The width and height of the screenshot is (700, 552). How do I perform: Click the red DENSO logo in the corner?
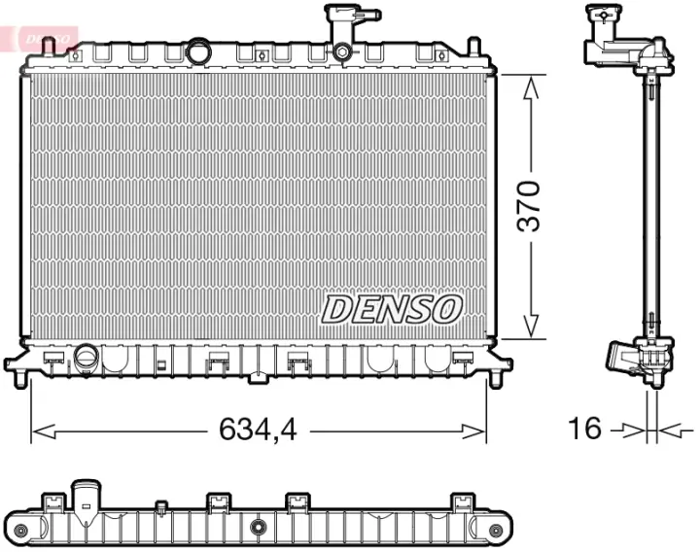(39, 36)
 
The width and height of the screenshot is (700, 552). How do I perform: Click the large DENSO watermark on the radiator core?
(390, 309)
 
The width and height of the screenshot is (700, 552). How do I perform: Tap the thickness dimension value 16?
(584, 429)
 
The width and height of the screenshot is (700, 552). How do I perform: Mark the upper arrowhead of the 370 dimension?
(531, 86)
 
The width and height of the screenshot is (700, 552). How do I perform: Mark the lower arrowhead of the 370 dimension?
(531, 328)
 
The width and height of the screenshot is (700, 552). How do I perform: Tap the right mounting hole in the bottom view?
(496, 530)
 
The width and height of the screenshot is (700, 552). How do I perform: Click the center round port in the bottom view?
(258, 528)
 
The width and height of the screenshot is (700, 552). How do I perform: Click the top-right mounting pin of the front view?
(473, 46)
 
